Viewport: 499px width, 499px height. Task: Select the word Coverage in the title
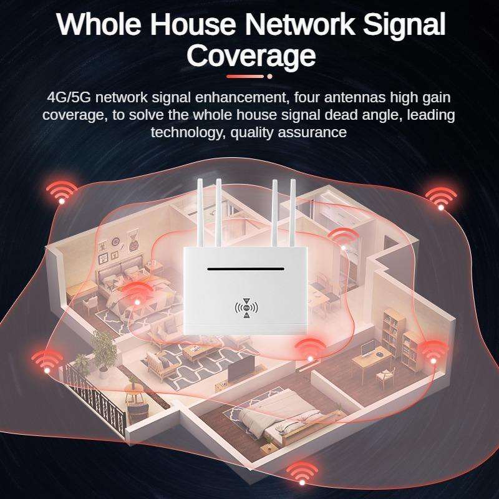[251, 56]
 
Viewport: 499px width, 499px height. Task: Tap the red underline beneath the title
[246, 76]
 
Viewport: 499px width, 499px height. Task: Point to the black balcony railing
[94, 396]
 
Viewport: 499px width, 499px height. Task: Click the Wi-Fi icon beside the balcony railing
[47, 361]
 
